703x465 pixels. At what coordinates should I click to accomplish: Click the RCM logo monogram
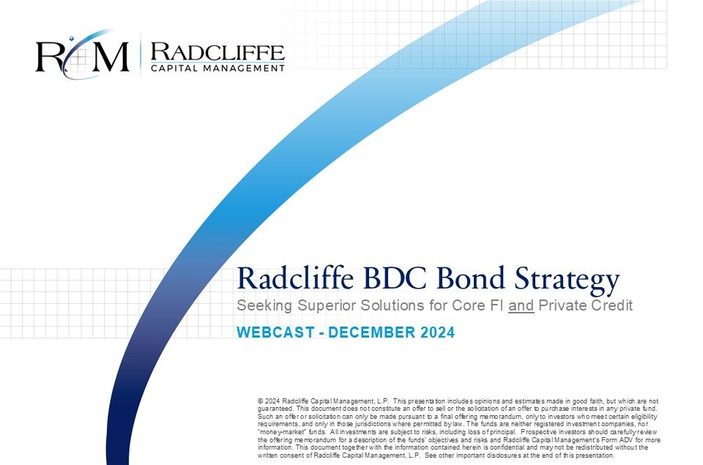pyautogui.click(x=83, y=55)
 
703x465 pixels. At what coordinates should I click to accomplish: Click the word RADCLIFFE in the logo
pyautogui.click(x=217, y=52)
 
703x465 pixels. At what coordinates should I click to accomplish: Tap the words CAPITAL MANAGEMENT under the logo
pyautogui.click(x=217, y=68)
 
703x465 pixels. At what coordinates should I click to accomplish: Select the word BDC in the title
pyautogui.click(x=395, y=278)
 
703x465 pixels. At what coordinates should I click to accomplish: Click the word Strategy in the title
pyautogui.click(x=567, y=280)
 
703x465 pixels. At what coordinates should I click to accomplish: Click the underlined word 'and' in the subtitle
pyautogui.click(x=521, y=305)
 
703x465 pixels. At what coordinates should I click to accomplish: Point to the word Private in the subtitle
pyautogui.click(x=559, y=305)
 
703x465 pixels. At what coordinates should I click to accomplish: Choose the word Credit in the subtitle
pyautogui.click(x=609, y=305)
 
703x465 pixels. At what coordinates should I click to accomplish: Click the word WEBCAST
pyautogui.click(x=276, y=332)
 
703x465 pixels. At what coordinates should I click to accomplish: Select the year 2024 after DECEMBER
pyautogui.click(x=438, y=332)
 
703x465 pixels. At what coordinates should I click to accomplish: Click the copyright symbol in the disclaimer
pyautogui.click(x=260, y=401)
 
